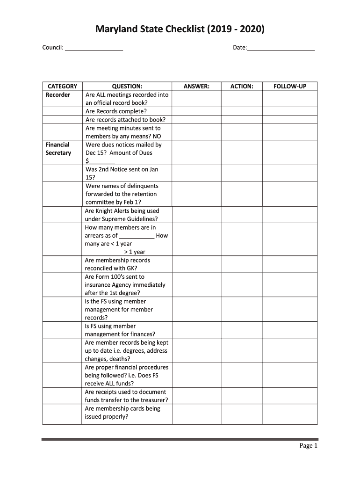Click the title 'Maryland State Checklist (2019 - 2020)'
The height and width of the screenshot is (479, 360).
(180, 30)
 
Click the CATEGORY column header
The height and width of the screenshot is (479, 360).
(63, 86)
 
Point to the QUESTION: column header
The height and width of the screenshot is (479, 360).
(127, 86)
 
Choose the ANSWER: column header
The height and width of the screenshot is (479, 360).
(196, 86)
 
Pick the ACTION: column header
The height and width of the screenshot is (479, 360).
(242, 86)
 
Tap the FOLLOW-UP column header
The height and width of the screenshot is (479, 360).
(290, 86)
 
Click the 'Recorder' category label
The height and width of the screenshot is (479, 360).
(58, 95)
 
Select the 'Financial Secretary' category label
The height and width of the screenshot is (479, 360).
(58, 149)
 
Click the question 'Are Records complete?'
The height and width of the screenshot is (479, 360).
(116, 111)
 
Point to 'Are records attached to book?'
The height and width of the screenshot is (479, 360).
(125, 120)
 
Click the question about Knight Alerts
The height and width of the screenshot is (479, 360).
(122, 215)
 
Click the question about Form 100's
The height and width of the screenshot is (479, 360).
(125, 285)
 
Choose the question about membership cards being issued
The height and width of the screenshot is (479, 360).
(122, 413)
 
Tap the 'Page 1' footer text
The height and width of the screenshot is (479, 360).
(309, 446)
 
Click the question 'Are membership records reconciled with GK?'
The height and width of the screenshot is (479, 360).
(117, 264)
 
